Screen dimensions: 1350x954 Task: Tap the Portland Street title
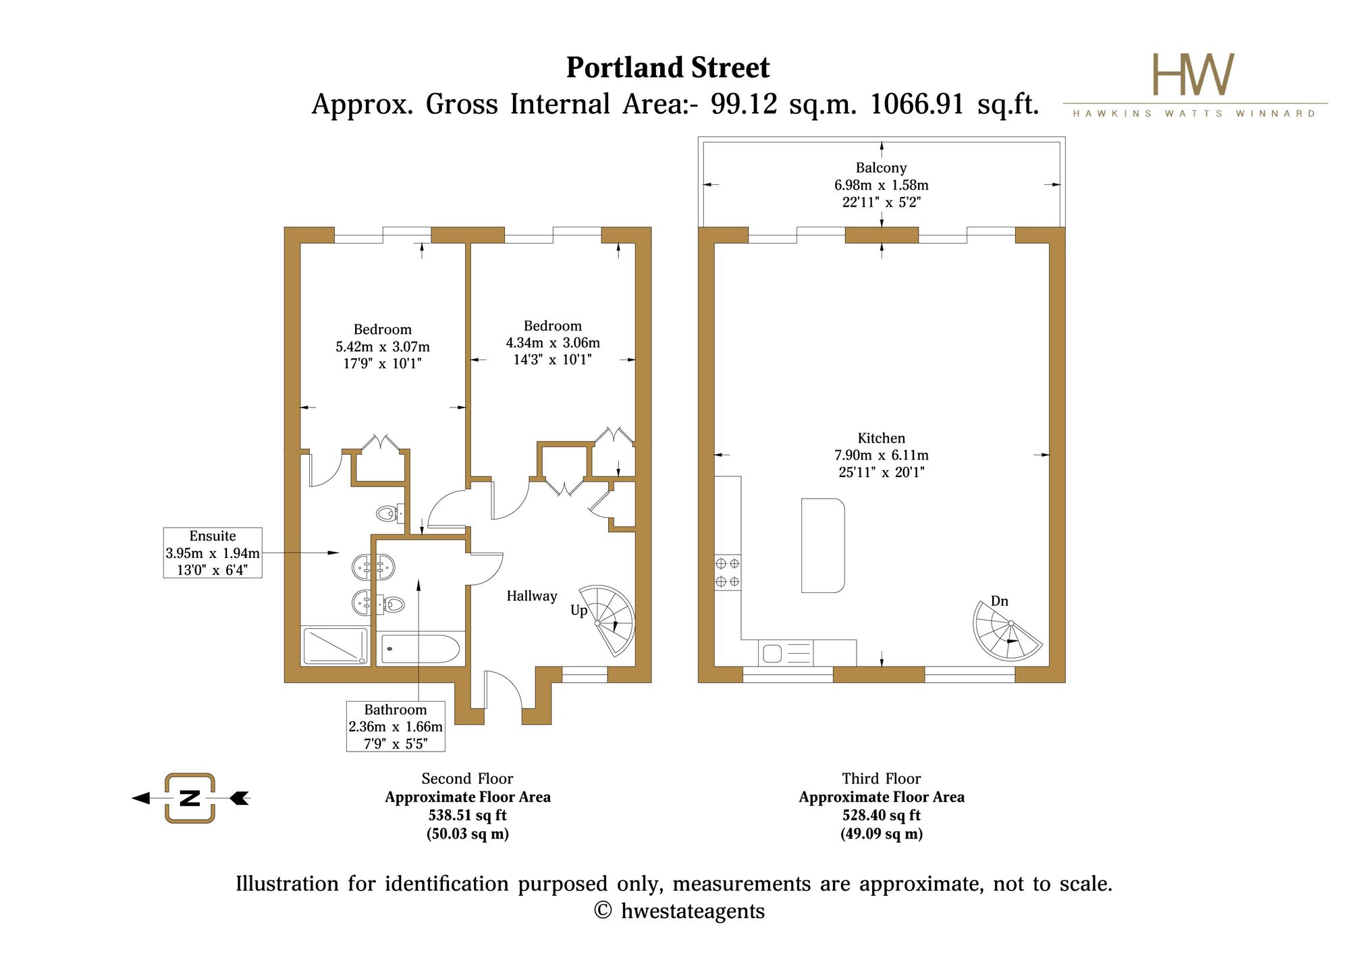[x=668, y=67]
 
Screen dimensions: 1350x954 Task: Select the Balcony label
[x=881, y=168]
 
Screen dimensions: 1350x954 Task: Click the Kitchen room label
[x=881, y=438]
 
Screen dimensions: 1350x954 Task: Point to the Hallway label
[x=532, y=596]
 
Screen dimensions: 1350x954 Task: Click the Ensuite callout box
[x=213, y=553]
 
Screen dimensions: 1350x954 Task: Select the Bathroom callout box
[x=396, y=726]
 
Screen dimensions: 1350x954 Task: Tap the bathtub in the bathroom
[x=421, y=649]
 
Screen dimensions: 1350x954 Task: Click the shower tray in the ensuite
[x=335, y=646]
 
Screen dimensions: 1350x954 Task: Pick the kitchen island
[x=823, y=545]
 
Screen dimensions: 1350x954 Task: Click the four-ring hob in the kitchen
[x=728, y=572]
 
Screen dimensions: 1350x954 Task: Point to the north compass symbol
[x=190, y=798]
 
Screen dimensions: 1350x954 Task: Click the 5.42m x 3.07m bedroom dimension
[x=383, y=347]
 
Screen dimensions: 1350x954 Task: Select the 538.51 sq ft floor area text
[x=468, y=815]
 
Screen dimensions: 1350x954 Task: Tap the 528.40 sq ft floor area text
[x=882, y=815]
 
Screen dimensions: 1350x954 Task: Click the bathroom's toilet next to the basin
[x=394, y=604]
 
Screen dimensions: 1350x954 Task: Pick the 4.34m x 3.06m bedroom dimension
[x=553, y=343]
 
